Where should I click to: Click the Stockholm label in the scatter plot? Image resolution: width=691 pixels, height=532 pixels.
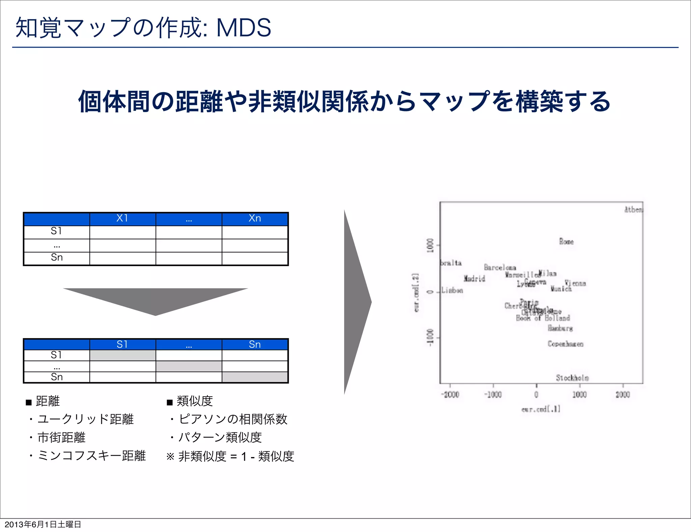point(572,378)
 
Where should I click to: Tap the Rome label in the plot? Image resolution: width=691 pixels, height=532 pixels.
point(566,241)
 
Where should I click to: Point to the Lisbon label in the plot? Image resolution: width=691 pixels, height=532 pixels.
point(452,290)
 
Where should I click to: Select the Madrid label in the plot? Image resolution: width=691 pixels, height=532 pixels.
point(474,278)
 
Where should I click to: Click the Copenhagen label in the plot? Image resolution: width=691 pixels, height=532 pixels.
point(565,344)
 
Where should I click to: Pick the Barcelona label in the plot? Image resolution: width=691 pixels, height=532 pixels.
point(500,267)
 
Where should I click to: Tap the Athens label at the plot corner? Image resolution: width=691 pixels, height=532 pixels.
point(633,210)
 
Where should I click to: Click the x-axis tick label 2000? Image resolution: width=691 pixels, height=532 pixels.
point(623,395)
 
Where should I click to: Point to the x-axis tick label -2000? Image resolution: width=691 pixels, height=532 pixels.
point(450,395)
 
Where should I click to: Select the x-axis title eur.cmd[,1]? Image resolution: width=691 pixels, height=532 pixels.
point(541,409)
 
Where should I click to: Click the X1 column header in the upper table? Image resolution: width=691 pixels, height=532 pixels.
point(122,218)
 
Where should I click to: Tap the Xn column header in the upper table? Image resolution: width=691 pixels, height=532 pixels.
point(255,218)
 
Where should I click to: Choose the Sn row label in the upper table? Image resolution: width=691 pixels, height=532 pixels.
point(57,258)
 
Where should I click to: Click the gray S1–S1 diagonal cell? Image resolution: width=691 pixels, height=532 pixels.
point(122,355)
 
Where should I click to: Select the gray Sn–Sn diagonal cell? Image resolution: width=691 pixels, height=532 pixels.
point(255,377)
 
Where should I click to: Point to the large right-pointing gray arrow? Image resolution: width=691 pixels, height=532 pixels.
point(356,302)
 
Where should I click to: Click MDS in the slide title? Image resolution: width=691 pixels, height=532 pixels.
point(244,28)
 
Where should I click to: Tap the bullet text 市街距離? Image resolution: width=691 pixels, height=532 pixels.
point(61,437)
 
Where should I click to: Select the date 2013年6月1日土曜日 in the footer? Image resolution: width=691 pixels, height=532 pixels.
point(43,524)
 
